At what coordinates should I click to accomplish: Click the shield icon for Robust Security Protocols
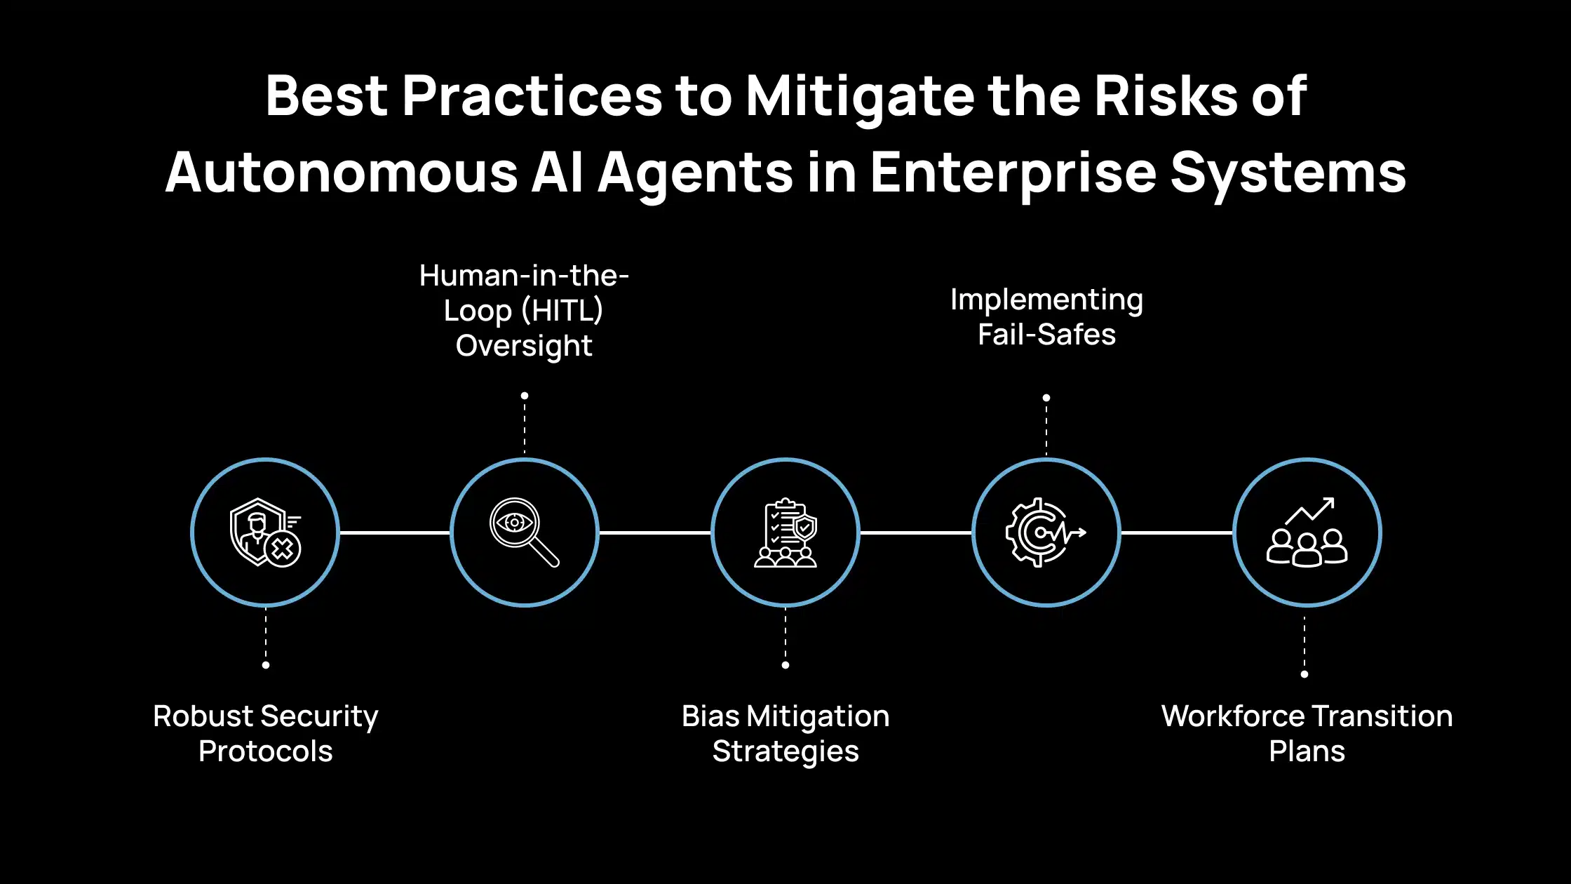[265, 533]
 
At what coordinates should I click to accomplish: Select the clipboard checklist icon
[785, 533]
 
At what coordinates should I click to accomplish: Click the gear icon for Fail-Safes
[1046, 533]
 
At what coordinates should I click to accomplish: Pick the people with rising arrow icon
[1307, 533]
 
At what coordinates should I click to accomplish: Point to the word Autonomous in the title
[342, 173]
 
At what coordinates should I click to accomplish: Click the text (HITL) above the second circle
[562, 311]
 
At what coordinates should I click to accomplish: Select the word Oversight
[524, 346]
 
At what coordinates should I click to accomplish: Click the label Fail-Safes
[1046, 335]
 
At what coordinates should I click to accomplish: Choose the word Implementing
[1046, 300]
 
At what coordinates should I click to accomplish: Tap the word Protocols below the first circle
[265, 751]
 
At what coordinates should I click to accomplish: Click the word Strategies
[785, 752]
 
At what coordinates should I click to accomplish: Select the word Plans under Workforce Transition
[1307, 751]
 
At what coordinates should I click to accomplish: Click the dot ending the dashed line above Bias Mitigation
[785, 665]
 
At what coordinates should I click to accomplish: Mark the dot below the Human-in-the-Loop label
[525, 396]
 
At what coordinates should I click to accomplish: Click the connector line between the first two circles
[395, 533]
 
